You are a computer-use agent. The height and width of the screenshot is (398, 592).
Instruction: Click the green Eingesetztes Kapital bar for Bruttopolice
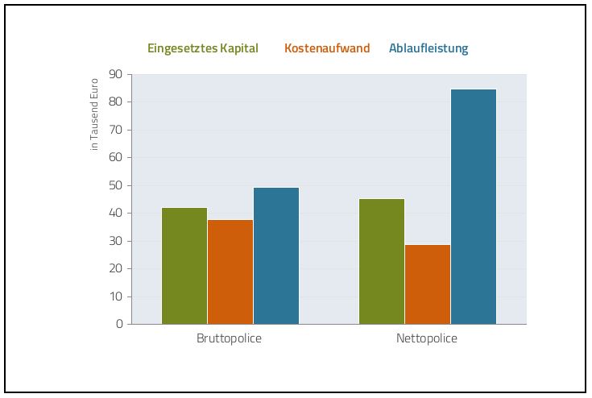184,266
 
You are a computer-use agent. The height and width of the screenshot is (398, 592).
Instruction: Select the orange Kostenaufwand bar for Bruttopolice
230,272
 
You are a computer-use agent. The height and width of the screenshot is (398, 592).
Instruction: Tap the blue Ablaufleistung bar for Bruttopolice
276,255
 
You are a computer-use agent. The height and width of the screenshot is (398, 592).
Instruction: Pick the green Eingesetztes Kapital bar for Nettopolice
382,261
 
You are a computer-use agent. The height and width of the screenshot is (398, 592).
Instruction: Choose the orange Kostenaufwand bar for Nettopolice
428,284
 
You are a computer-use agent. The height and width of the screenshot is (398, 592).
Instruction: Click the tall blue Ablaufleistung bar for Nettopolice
474,206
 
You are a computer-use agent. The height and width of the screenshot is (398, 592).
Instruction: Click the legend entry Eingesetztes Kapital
203,48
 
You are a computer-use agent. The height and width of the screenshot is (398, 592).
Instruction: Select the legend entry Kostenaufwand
327,48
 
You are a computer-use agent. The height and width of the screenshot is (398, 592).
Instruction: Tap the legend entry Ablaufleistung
428,48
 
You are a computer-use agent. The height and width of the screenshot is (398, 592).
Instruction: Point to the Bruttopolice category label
230,338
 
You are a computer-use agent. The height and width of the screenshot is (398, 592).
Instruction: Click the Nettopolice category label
427,338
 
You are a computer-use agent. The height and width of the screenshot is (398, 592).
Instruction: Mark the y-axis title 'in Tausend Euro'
94,114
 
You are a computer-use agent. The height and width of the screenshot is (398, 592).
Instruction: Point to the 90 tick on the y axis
116,74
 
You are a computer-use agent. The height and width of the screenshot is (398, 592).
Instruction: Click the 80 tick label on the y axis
116,102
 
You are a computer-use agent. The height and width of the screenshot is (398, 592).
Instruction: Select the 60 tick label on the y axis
116,158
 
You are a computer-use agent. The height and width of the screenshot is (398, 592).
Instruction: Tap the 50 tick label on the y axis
116,185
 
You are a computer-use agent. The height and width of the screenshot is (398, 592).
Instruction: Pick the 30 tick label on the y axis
116,241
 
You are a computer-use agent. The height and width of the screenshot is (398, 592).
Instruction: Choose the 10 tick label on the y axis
116,296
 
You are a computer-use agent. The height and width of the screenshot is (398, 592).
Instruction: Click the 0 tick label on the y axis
119,324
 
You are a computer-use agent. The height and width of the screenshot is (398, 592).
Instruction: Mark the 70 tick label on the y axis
116,130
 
